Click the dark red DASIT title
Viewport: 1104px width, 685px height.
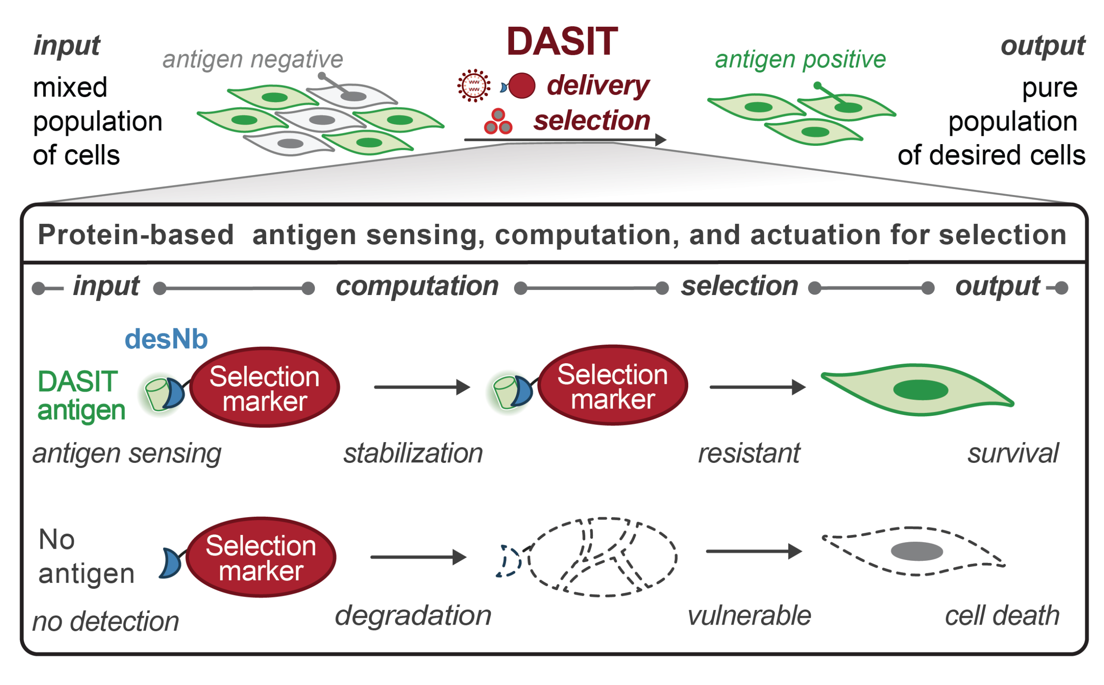coord(561,42)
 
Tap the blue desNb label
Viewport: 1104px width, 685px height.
coord(166,339)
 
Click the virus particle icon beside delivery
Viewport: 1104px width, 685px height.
coord(473,85)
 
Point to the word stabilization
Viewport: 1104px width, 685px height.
coord(413,453)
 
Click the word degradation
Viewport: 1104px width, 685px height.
coord(413,616)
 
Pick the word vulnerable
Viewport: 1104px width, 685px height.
coord(749,616)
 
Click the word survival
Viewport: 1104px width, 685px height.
coord(1013,453)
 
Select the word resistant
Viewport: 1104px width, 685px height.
coord(749,453)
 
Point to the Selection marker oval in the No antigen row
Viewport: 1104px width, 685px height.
coord(260,557)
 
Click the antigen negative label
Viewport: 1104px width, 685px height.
coord(252,60)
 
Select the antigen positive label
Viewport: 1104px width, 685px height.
coord(800,60)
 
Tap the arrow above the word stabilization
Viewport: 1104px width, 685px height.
coord(422,387)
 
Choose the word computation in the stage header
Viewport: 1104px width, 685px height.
coord(417,286)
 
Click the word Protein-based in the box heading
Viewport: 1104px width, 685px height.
coord(135,235)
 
